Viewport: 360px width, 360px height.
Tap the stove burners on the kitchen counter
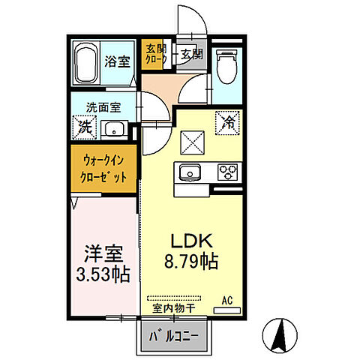click(227, 172)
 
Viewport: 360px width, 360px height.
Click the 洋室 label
click(101, 252)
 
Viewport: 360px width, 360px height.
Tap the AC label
click(226, 300)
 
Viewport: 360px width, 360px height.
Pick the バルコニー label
click(173, 335)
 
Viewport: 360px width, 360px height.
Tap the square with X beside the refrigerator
click(190, 139)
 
